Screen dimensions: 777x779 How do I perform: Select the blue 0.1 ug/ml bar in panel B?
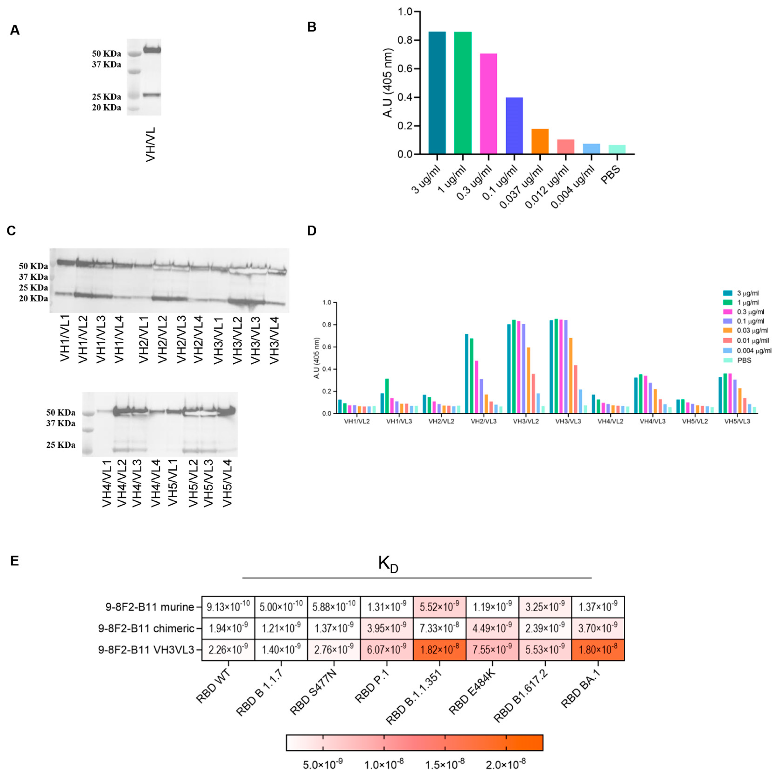pyautogui.click(x=514, y=126)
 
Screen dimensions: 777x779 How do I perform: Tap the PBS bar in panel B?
pyautogui.click(x=617, y=149)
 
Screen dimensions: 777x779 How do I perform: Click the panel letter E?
pyautogui.click(x=15, y=561)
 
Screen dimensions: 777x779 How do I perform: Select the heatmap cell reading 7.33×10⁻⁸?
pyautogui.click(x=440, y=628)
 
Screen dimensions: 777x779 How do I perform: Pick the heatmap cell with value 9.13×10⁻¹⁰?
pyautogui.click(x=228, y=607)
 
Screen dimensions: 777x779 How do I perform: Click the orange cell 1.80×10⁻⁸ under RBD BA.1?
pyautogui.click(x=598, y=650)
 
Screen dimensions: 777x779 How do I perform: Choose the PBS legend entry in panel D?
pyautogui.click(x=744, y=360)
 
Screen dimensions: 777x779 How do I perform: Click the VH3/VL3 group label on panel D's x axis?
pyautogui.click(x=568, y=421)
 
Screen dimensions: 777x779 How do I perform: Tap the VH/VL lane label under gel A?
pyautogui.click(x=151, y=144)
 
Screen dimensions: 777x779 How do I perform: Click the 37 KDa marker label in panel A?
pyautogui.click(x=107, y=64)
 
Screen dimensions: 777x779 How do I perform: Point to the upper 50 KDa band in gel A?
pyautogui.click(x=152, y=50)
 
